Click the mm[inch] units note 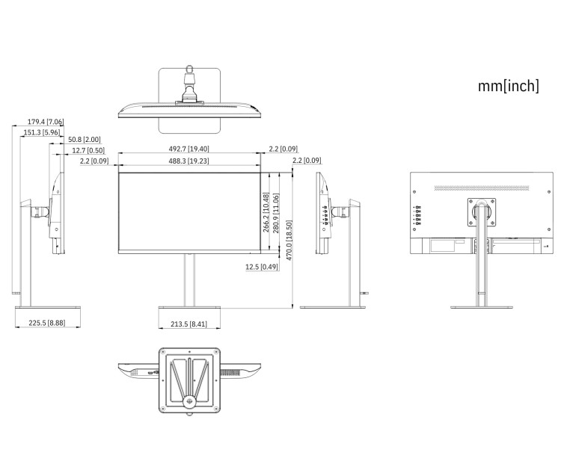click(x=508, y=86)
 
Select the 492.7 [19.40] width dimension click(x=188, y=149)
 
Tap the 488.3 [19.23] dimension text click(x=188, y=161)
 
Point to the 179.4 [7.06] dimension click(x=46, y=121)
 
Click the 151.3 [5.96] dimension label click(x=42, y=132)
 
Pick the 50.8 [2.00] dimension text click(x=84, y=140)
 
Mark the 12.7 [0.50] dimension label click(x=88, y=151)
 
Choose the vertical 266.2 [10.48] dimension click(x=266, y=213)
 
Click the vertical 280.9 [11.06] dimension click(x=277, y=213)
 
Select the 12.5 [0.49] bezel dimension click(x=261, y=267)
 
